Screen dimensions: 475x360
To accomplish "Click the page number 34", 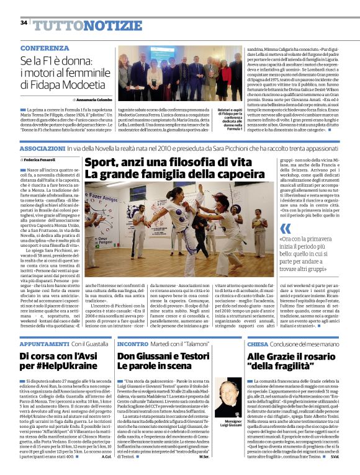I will click(24, 23).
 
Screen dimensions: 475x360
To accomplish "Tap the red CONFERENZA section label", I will click(45, 48).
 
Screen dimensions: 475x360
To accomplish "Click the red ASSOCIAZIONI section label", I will click(42, 149).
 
